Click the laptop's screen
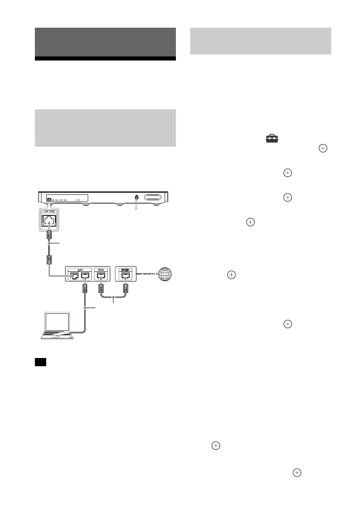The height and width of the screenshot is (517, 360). click(x=57, y=322)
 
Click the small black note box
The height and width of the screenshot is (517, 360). click(x=41, y=362)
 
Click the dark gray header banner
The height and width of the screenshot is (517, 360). click(x=106, y=43)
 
